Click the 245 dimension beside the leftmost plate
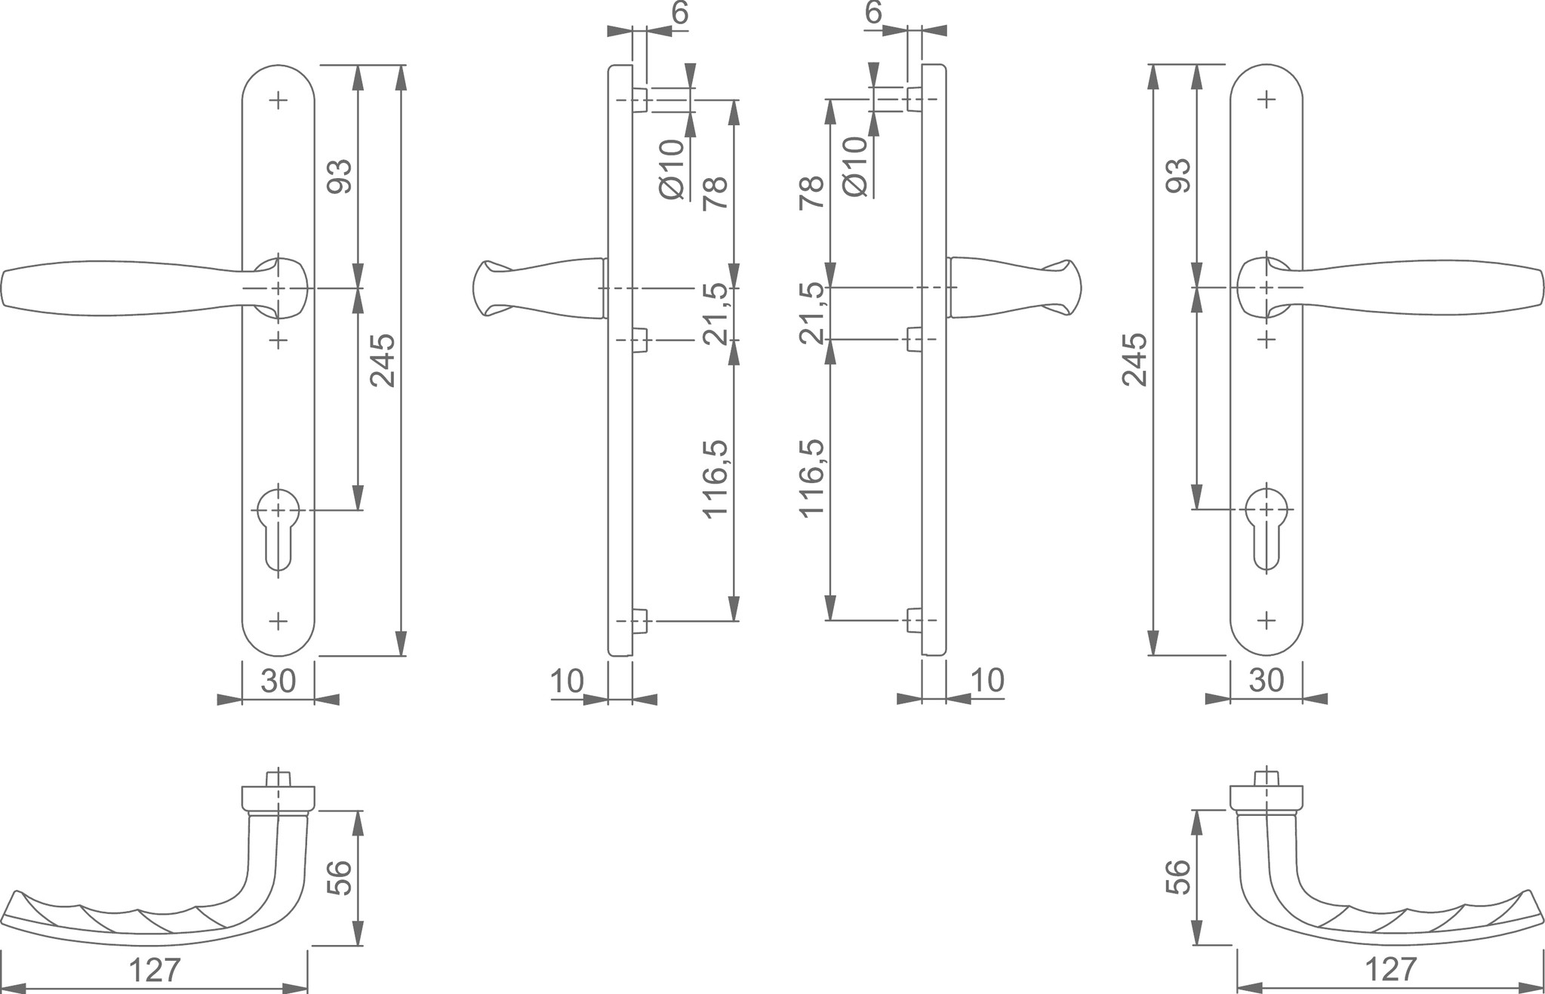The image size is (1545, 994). pos(383,359)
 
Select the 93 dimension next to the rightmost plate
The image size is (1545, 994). pos(1179,175)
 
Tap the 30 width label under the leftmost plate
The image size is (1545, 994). pos(278,682)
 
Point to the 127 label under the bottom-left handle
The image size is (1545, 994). pos(155,971)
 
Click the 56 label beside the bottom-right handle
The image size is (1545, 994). pos(1177,877)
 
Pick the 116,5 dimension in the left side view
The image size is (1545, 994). pos(716,479)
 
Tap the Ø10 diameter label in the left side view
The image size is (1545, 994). pos(671,169)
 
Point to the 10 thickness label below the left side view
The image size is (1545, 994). pos(567,682)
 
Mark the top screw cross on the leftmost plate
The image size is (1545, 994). pos(279,100)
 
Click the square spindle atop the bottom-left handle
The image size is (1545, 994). pos(279,778)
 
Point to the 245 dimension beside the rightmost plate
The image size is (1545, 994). pos(1134,359)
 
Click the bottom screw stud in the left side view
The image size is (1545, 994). pos(641,620)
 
